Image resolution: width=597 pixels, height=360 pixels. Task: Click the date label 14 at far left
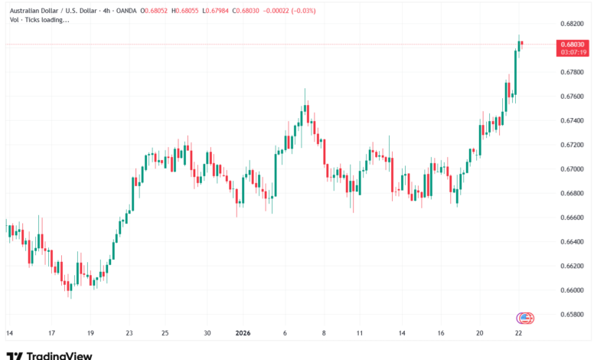click(9, 333)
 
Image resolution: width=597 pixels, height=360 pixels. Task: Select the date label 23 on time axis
click(129, 333)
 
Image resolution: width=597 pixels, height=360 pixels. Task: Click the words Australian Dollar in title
click(34, 10)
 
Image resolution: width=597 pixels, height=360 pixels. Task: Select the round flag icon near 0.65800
click(525, 317)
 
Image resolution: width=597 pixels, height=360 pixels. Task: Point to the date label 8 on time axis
click(324, 333)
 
